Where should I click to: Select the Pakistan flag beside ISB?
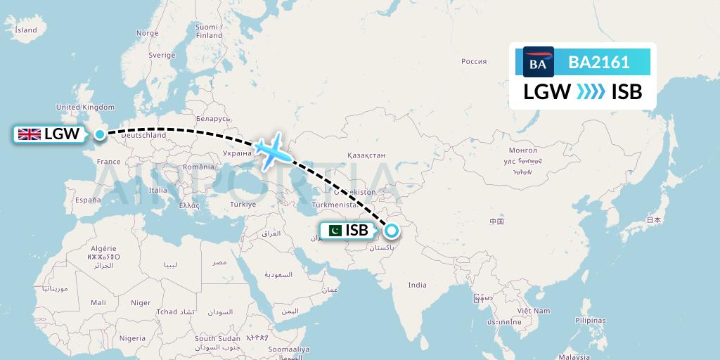coord(335,231)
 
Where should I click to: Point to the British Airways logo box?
coord(538,63)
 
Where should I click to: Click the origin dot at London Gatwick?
coord(100,134)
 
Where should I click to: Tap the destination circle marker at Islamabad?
coord(390,229)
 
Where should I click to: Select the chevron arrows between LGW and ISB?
coord(591,92)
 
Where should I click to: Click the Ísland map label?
coord(26,30)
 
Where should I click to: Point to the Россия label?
coord(474,61)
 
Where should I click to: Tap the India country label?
coord(418,285)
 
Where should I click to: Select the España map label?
coord(89,200)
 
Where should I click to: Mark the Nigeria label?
coord(132,338)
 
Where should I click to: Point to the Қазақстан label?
coord(366,155)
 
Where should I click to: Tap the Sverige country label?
coord(162,55)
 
